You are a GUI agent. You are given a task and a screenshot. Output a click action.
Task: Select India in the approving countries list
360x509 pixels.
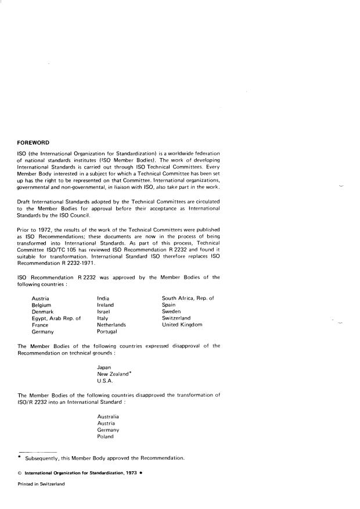[104, 298]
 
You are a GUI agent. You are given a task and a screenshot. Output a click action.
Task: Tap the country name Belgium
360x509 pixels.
[42, 304]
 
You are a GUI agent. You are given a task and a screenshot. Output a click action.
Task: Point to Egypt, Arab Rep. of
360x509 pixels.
[56, 318]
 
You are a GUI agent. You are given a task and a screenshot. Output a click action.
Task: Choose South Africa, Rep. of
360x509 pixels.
[188, 298]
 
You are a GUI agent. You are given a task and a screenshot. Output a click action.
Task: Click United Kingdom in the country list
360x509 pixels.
[182, 325]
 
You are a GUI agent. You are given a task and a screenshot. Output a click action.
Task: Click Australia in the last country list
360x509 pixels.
[109, 417]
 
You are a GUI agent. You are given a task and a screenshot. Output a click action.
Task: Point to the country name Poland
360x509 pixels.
[106, 436]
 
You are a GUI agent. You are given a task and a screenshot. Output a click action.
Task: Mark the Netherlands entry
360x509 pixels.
[111, 325]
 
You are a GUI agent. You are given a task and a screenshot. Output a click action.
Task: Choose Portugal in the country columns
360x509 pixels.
[107, 332]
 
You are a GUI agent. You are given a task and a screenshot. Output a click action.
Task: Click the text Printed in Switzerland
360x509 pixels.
[41, 483]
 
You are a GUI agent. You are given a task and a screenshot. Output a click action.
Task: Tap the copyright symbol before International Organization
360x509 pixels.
[20, 472]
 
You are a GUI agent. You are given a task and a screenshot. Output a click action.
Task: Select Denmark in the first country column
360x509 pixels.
[43, 311]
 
